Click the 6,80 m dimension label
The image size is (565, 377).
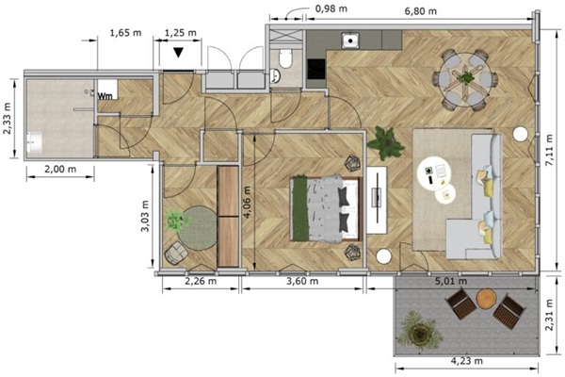pyautogui.click(x=421, y=11)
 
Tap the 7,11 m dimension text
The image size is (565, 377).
pyautogui.click(x=549, y=151)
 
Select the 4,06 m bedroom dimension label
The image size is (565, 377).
pyautogui.click(x=247, y=203)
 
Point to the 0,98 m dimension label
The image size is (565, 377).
pyautogui.click(x=331, y=8)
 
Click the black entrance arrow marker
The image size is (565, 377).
pyautogui.click(x=178, y=53)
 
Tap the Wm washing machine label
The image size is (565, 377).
pyautogui.click(x=105, y=96)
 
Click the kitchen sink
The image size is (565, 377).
pyautogui.click(x=350, y=41)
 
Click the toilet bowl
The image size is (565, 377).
pyautogui.click(x=285, y=58)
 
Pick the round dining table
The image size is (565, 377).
pyautogui.click(x=465, y=79)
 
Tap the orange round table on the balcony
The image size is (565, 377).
pyautogui.click(x=487, y=299)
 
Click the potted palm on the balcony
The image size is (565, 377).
pyautogui.click(x=420, y=332)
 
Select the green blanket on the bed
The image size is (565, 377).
pyautogui.click(x=300, y=208)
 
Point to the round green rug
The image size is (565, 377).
pyautogui.click(x=198, y=228)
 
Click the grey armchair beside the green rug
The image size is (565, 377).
pyautogui.click(x=176, y=254)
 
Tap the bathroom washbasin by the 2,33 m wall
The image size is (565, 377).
pyautogui.click(x=34, y=142)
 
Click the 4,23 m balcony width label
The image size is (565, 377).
pyautogui.click(x=467, y=360)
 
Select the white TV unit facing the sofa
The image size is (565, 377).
pyautogui.click(x=377, y=200)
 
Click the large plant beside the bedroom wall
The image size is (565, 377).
pyautogui.click(x=385, y=143)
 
